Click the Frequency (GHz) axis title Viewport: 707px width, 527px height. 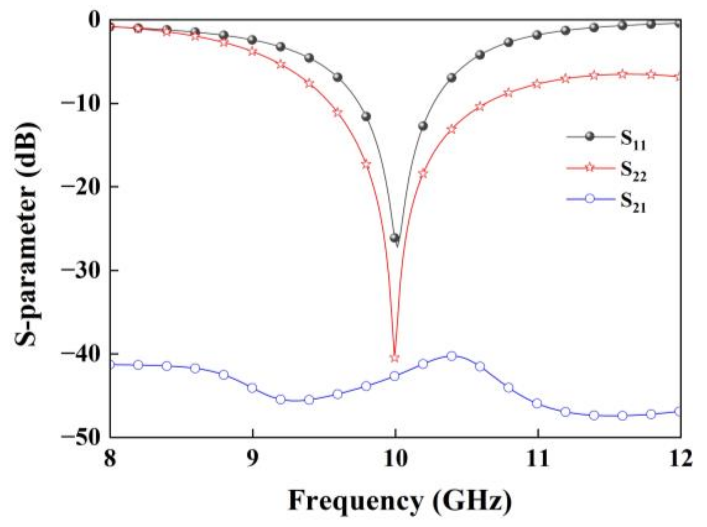tap(400, 501)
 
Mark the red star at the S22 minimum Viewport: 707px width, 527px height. tap(395, 358)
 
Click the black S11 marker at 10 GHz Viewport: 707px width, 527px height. tap(395, 238)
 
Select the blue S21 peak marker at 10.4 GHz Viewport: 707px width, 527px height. tap(452, 356)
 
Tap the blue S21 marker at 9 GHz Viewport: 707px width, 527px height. tap(252, 388)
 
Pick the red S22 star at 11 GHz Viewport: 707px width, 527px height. tap(537, 84)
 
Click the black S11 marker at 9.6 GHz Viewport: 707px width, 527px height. tap(338, 77)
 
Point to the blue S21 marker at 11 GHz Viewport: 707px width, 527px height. tap(537, 403)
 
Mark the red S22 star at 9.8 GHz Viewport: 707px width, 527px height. tap(366, 165)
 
